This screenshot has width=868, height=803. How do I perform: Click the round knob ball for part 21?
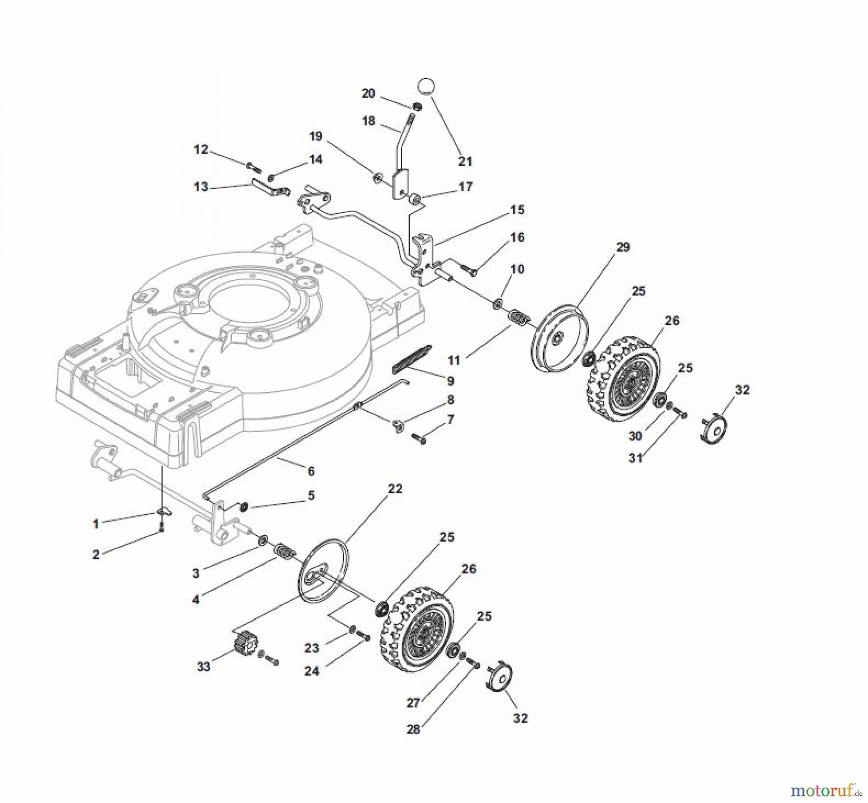click(426, 87)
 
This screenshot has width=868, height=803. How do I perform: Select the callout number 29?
click(623, 247)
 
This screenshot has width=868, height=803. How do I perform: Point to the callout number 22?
click(395, 489)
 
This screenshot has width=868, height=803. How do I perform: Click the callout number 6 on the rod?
click(311, 470)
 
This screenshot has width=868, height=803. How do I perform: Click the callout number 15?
click(517, 210)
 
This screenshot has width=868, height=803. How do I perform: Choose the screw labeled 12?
click(254, 167)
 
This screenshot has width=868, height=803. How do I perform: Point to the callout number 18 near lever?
click(368, 121)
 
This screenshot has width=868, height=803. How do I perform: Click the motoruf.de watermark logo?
click(827, 791)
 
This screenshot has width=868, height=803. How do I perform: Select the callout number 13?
click(201, 187)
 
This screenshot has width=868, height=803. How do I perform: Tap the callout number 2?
click(96, 555)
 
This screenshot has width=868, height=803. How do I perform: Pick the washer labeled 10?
click(498, 304)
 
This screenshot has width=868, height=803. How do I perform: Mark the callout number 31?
click(636, 458)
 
